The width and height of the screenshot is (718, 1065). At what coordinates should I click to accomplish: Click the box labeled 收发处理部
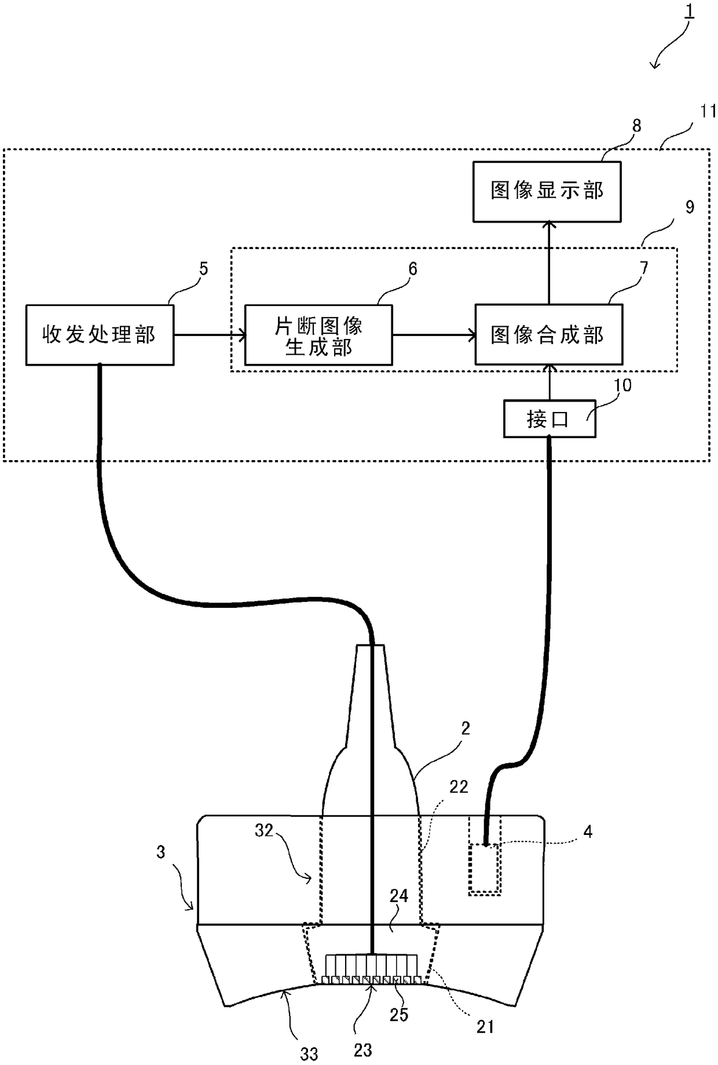pyautogui.click(x=100, y=335)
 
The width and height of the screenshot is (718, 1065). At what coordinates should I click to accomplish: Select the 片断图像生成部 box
pyautogui.click(x=318, y=335)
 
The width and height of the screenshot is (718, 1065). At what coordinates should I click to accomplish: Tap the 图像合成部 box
pyautogui.click(x=549, y=335)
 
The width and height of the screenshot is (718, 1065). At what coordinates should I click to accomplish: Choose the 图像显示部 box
pyautogui.click(x=547, y=191)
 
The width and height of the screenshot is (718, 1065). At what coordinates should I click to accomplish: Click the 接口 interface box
pyautogui.click(x=550, y=418)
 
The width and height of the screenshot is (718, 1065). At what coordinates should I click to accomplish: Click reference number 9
pyautogui.click(x=690, y=207)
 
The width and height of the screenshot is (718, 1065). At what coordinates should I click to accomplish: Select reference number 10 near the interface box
pyautogui.click(x=623, y=385)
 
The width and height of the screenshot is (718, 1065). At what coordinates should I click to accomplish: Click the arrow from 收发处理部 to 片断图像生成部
pyautogui.click(x=210, y=335)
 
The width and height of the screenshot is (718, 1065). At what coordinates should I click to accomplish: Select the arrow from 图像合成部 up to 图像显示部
pyautogui.click(x=548, y=263)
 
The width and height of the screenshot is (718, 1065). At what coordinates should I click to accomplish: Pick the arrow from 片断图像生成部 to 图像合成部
pyautogui.click(x=434, y=335)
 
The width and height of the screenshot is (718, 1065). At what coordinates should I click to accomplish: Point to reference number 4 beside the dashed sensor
pyautogui.click(x=588, y=832)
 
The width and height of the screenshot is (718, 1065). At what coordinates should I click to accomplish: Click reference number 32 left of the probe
pyautogui.click(x=264, y=830)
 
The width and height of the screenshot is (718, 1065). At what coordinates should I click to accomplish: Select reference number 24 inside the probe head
pyautogui.click(x=399, y=896)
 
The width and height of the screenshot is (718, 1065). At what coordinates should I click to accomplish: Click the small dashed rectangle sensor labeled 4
pyautogui.click(x=485, y=869)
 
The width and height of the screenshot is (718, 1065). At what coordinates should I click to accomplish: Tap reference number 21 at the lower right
pyautogui.click(x=485, y=1027)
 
